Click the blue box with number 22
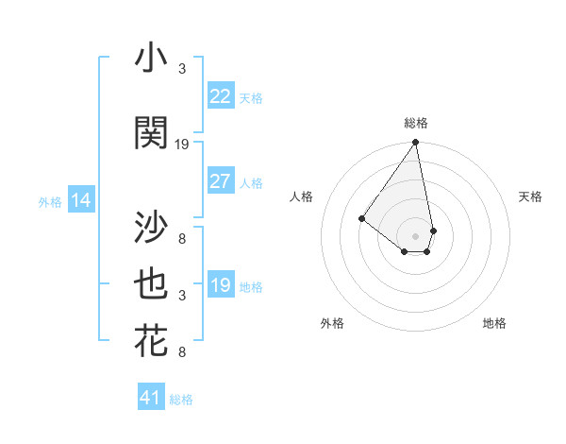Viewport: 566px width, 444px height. coord(221,96)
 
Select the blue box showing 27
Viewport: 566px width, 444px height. coord(221,181)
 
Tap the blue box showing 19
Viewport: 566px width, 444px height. coord(221,285)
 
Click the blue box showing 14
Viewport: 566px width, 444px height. coord(81,200)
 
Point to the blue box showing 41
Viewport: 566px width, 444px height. coord(151,398)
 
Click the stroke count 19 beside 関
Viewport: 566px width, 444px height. coord(182,144)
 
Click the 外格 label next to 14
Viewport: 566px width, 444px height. coord(50,201)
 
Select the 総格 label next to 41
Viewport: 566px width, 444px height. coord(181,400)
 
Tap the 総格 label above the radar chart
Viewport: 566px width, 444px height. coord(416,123)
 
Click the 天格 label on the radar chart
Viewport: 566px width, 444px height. coord(531,196)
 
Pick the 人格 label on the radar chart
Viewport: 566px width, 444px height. coord(302,196)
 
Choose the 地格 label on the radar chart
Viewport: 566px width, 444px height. coord(494,323)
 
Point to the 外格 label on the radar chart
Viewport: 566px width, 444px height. coord(332,323)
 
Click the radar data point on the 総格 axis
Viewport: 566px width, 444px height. coord(415,144)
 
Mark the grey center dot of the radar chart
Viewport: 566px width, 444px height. coord(415,235)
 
